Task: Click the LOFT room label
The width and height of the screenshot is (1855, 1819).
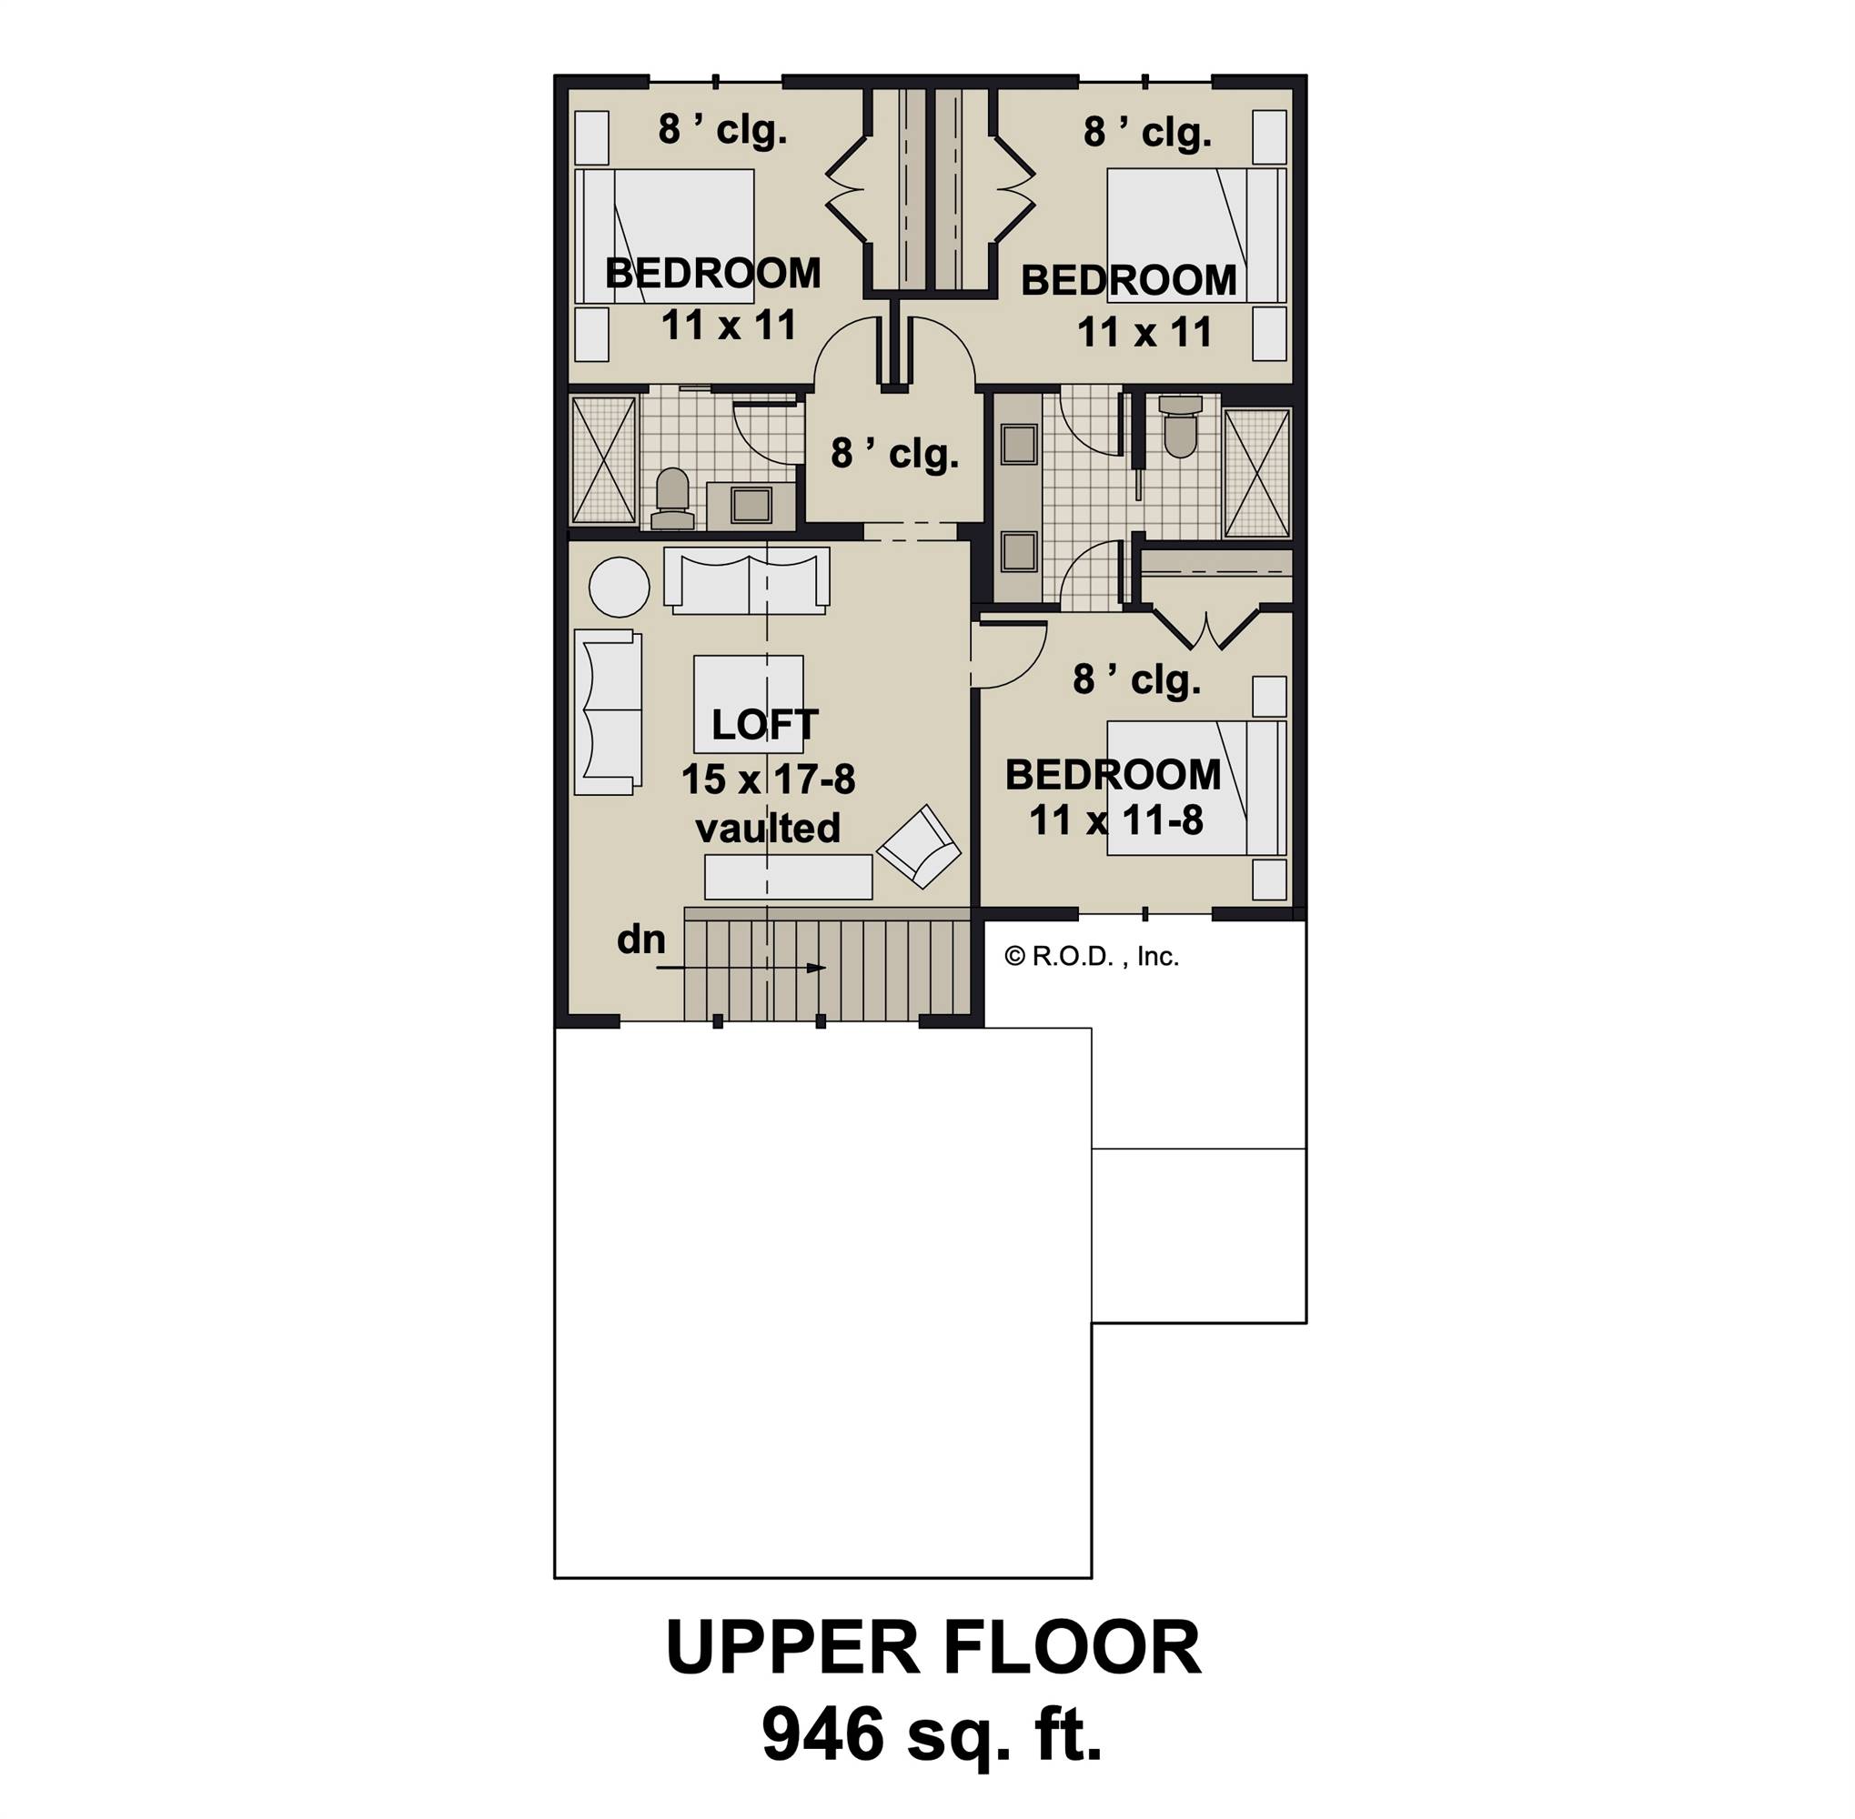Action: [x=763, y=725]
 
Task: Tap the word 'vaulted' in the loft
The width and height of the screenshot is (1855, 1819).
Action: [x=768, y=829]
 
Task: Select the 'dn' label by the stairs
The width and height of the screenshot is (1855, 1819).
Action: [x=640, y=940]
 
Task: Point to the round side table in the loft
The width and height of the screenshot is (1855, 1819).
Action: [x=619, y=587]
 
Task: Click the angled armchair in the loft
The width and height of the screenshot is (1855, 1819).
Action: [x=919, y=847]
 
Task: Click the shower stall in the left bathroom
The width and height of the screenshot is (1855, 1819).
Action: [x=603, y=459]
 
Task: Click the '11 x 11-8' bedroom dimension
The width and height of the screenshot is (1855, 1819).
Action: [x=1115, y=820]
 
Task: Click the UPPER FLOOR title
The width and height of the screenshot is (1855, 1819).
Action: [x=932, y=1648]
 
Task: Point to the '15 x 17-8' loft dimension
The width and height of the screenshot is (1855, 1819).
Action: [x=768, y=779]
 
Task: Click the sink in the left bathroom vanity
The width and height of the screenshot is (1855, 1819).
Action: [x=751, y=505]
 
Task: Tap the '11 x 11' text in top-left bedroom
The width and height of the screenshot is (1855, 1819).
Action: [x=728, y=326]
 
